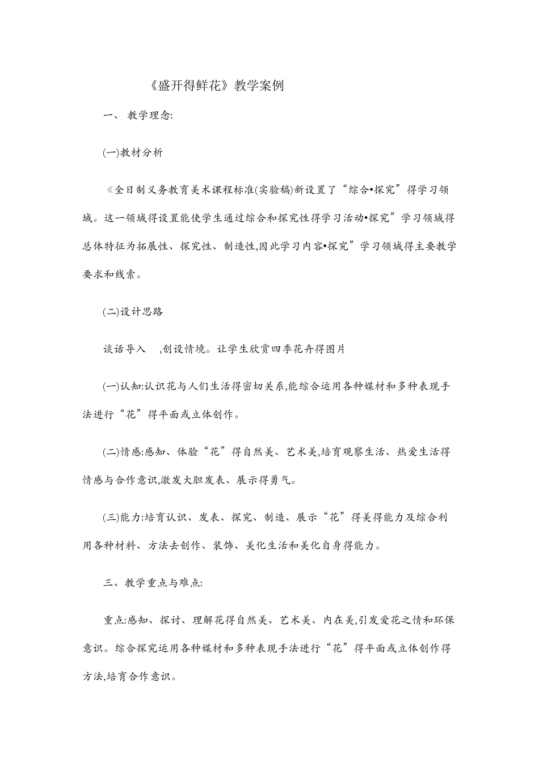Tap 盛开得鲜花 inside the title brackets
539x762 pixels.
(190, 86)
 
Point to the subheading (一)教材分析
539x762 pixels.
(133, 153)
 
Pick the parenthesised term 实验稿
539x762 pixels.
(273, 190)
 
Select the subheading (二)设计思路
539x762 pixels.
(133, 312)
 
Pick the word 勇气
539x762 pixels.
(283, 481)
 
